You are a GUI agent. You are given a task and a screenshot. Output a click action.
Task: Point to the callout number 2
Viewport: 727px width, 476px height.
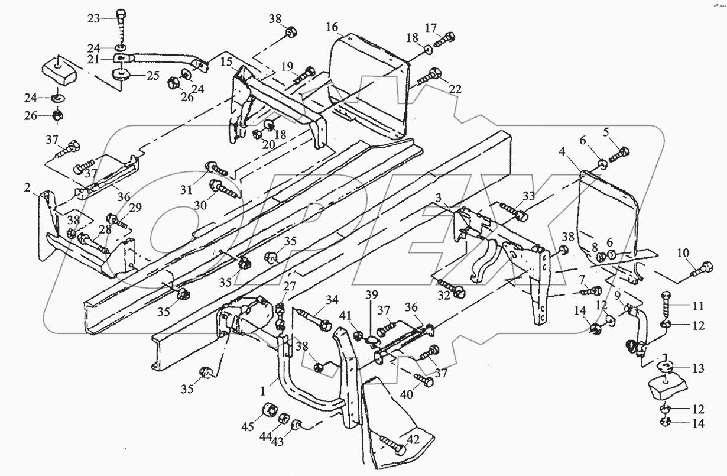28,187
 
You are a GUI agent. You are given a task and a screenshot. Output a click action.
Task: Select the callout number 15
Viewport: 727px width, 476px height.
226,62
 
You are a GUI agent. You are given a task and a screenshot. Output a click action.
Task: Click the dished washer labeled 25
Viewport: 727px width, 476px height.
122,76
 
